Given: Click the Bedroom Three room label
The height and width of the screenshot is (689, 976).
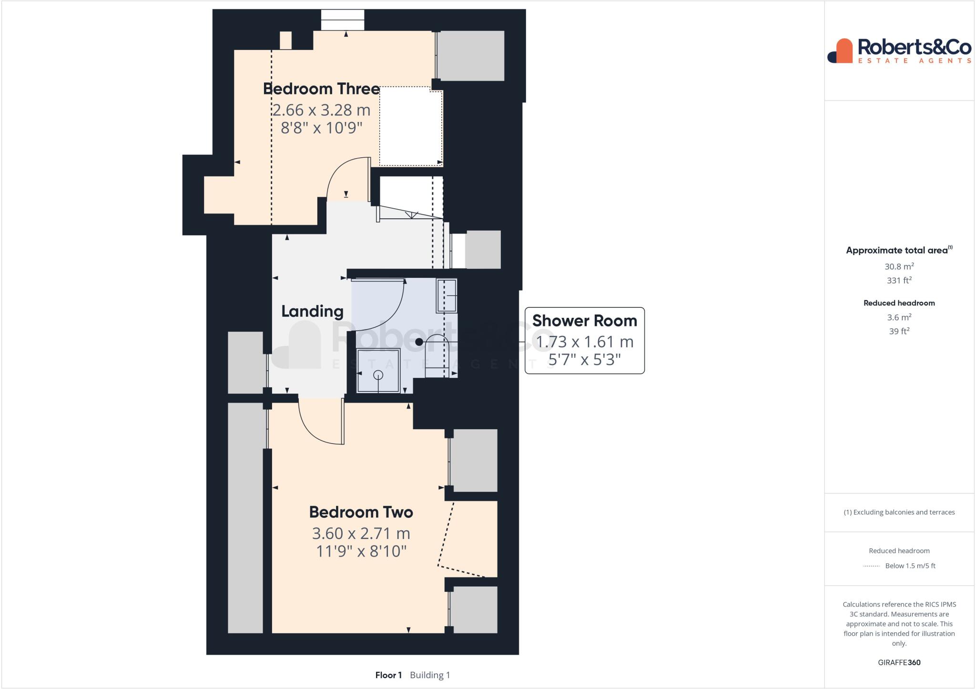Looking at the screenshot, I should (321, 89).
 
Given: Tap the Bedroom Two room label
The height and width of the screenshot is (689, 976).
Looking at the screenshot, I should (361, 512).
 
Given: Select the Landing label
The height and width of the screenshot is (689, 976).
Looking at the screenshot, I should (312, 311).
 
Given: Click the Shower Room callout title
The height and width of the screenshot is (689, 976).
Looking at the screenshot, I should (584, 321).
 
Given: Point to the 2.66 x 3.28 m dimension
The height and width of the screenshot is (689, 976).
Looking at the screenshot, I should (321, 110).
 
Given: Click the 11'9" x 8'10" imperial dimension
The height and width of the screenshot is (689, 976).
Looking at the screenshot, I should (361, 551).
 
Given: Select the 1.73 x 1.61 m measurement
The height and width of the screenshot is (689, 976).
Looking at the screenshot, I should (584, 342).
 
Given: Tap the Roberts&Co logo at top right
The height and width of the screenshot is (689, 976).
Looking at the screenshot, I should (899, 51).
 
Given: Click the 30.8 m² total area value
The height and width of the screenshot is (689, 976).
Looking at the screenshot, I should (899, 266).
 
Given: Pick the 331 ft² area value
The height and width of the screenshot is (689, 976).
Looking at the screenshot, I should (899, 280).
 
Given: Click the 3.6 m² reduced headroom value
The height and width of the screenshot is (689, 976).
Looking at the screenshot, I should (899, 317).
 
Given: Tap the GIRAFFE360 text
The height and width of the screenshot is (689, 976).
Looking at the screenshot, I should (899, 662).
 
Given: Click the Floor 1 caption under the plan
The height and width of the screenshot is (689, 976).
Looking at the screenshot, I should (388, 675).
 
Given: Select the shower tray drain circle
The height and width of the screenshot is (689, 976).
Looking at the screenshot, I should (378, 375).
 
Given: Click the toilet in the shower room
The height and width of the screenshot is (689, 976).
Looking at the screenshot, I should (437, 355).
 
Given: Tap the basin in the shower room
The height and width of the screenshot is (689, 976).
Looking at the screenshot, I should (447, 295).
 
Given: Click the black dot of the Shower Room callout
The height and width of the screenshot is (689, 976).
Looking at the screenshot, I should (419, 342).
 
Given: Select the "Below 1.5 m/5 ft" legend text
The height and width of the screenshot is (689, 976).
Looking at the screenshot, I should (910, 566).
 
